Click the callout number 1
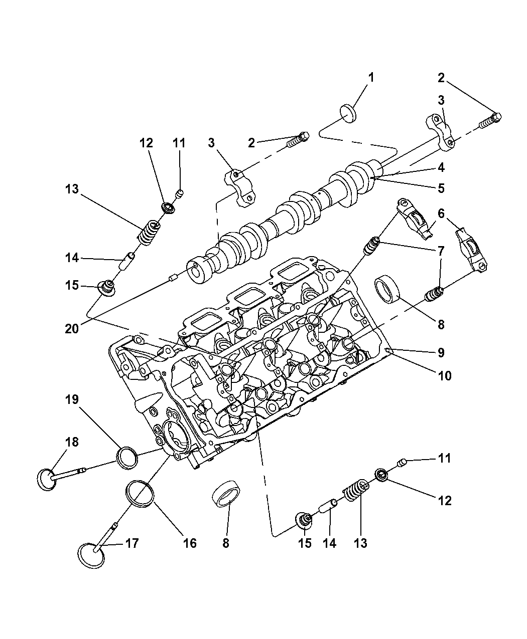pos(371,78)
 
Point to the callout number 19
pos(72,399)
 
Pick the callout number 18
pos(72,442)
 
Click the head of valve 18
pos(46,479)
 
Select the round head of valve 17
pos(92,555)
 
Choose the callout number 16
pos(189,543)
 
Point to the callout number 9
pos(441,352)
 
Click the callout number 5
pos(441,188)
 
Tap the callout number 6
pos(441,214)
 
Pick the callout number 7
pos(441,250)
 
